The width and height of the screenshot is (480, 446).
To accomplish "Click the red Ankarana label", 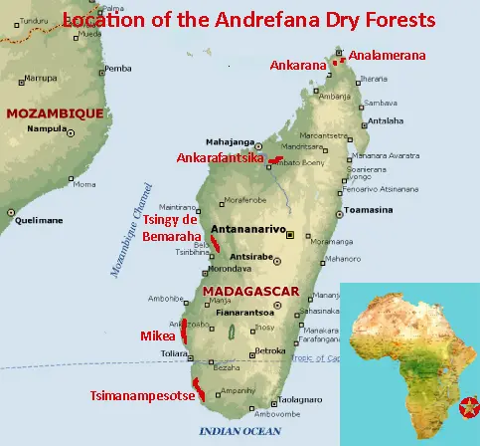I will tap(297, 67).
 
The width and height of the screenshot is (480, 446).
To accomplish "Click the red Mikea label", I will tap(157, 335).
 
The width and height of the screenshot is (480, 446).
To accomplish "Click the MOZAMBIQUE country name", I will tap(54, 113).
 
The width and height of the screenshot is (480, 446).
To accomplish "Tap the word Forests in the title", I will tap(395, 19).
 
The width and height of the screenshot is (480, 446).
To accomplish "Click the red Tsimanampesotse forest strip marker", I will tap(198, 388).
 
